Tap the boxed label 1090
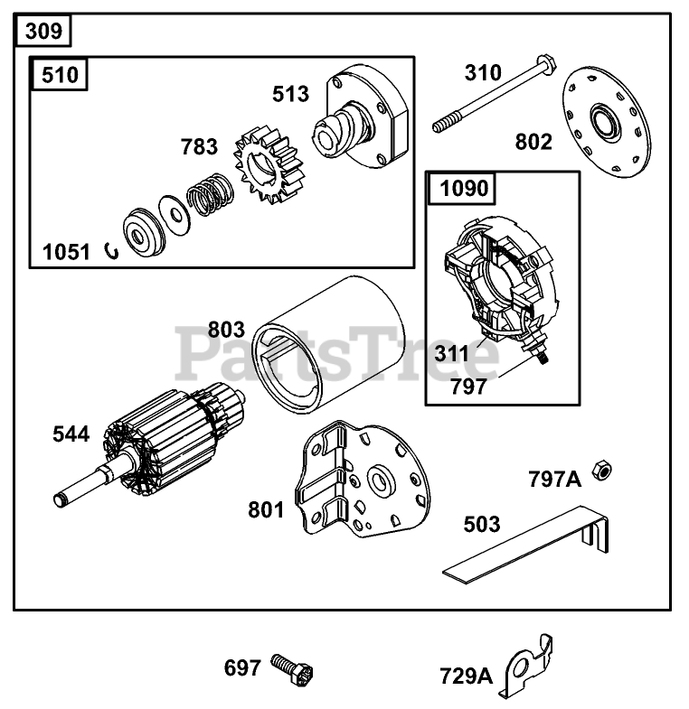(465, 189)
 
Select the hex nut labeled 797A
(598, 470)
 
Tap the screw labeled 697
(295, 669)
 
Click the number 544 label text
(71, 434)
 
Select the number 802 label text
(533, 142)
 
